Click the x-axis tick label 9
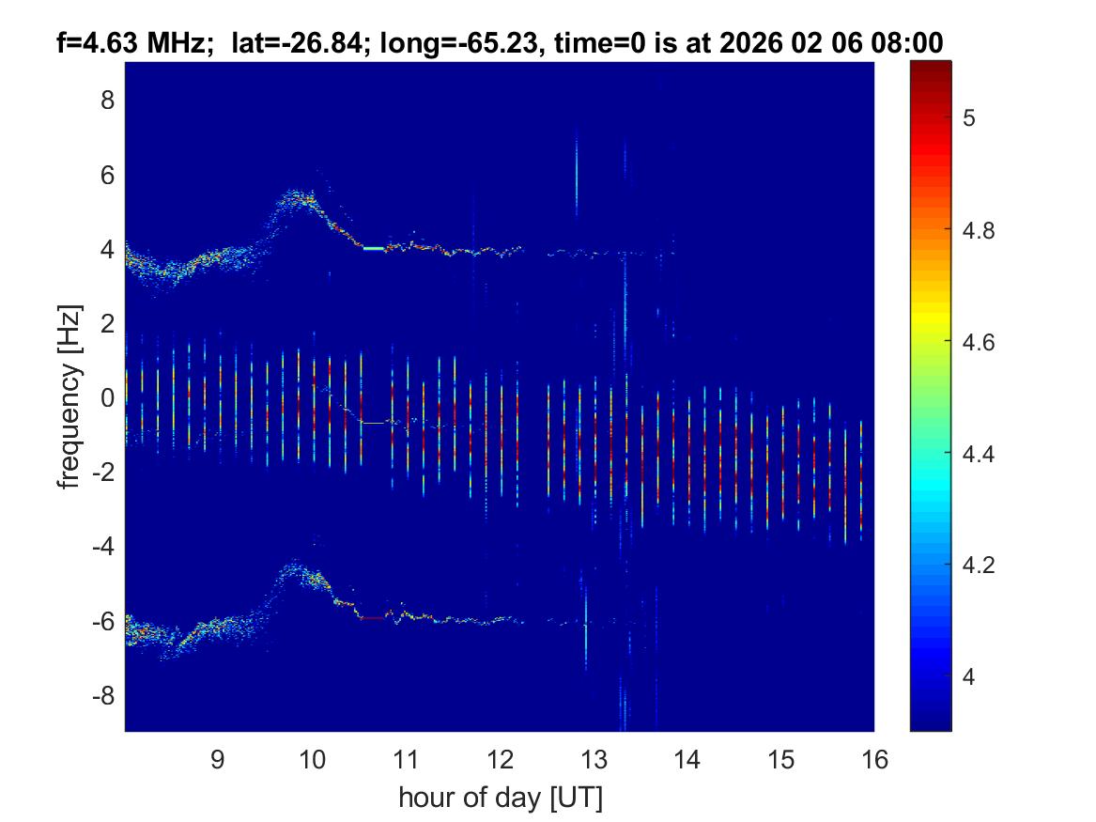coord(217,759)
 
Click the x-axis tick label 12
coord(499,759)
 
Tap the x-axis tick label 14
coord(687,759)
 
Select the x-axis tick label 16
coord(874,759)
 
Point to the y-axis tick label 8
coord(106,100)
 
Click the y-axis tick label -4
coord(100,546)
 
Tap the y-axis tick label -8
coord(100,695)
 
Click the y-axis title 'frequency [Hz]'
coord(68,396)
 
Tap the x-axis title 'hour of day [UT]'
coord(500,799)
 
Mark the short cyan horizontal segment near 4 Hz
coord(374,248)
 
